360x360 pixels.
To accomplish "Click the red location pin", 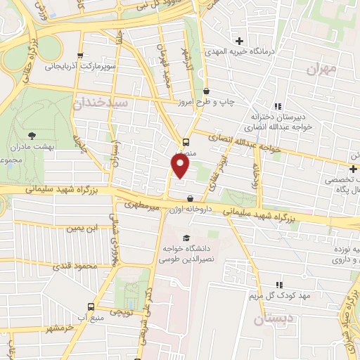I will point(181,166).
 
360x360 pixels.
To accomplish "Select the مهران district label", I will point(323,69).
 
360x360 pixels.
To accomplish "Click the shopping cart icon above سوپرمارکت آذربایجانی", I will point(82,56).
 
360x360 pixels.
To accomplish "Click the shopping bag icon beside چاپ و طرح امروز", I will point(206,91).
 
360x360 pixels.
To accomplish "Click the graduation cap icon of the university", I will point(186,238).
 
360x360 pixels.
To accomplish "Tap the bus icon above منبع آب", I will point(90,307).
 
